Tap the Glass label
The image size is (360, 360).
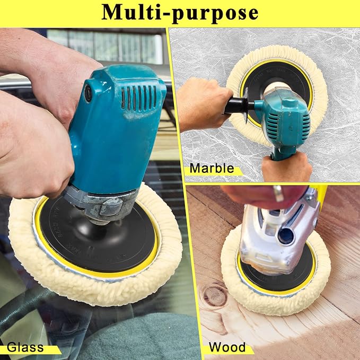[x=25, y=347]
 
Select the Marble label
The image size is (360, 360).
[x=212, y=168]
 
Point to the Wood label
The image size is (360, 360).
[x=227, y=347]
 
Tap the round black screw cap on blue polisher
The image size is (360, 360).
[x=88, y=93]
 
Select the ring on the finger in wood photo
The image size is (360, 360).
[x=278, y=193]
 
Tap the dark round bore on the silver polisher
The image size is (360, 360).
[x=286, y=236]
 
